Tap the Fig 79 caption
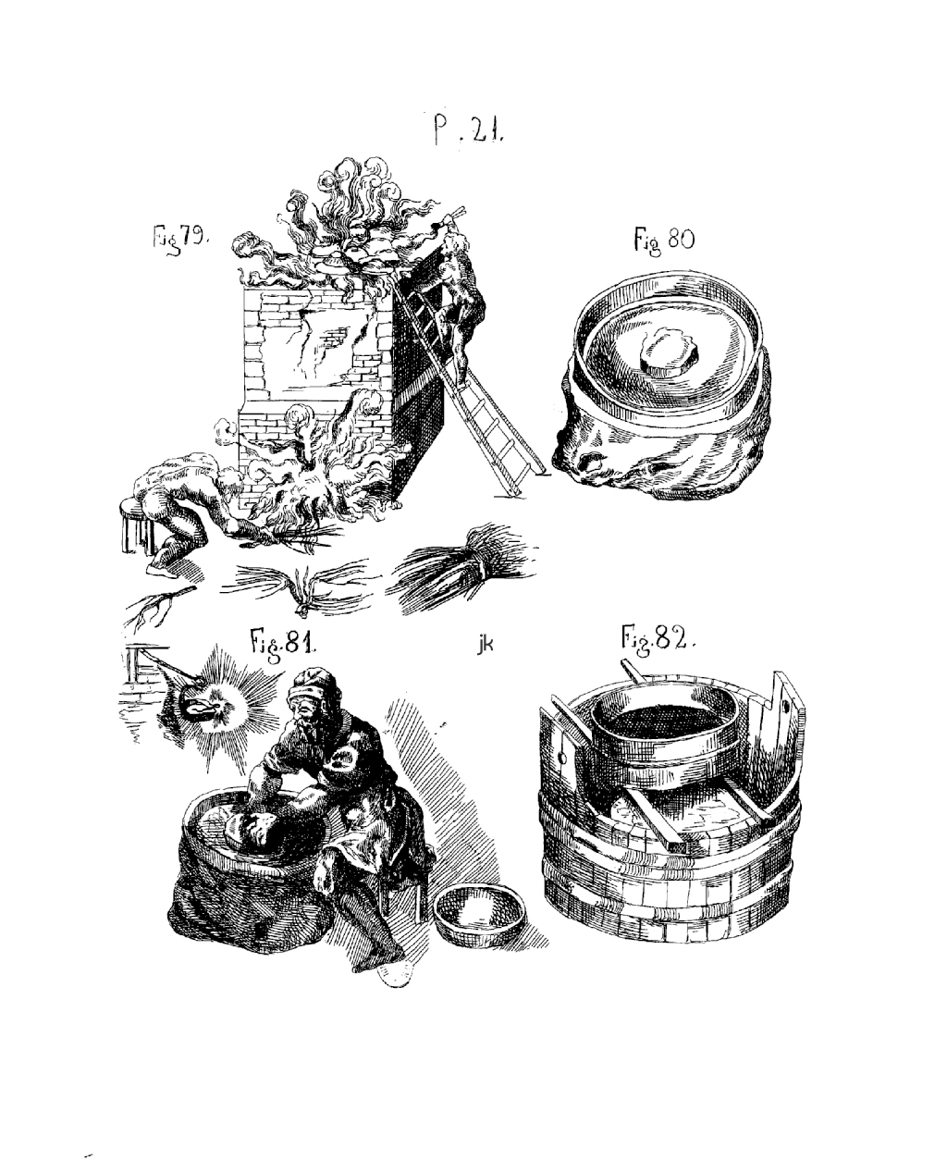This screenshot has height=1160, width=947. click(x=179, y=240)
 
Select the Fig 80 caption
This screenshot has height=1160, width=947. click(x=664, y=240)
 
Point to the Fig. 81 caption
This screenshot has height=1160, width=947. click(x=283, y=641)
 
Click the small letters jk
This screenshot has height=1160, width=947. click(x=485, y=644)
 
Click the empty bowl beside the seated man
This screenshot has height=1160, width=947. click(x=481, y=916)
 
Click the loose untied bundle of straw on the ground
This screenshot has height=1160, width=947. click(x=300, y=586)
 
